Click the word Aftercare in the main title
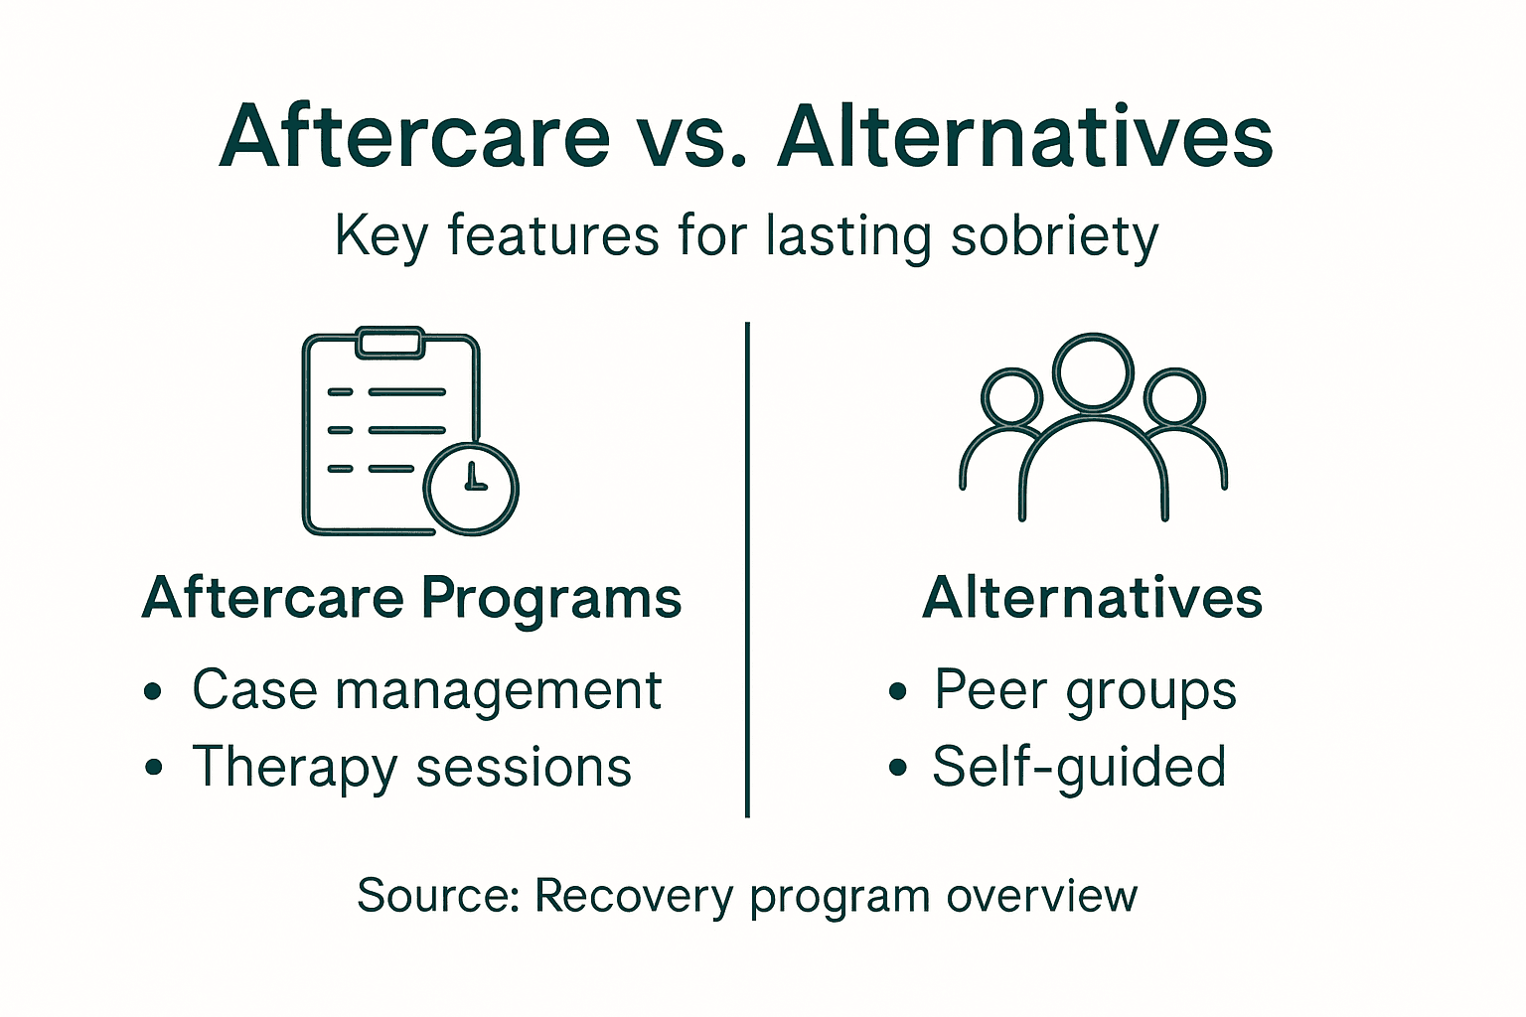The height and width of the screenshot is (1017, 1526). click(414, 136)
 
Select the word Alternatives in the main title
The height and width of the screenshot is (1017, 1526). click(1024, 136)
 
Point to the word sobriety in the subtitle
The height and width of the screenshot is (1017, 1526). click(1054, 237)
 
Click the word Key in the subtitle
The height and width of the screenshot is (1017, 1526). click(381, 237)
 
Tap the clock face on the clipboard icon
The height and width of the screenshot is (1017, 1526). click(471, 487)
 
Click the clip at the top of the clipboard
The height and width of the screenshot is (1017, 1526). click(391, 342)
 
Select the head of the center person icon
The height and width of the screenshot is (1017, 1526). click(1093, 371)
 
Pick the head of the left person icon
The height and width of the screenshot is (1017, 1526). click(1011, 397)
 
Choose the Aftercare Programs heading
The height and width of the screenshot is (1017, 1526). click(412, 598)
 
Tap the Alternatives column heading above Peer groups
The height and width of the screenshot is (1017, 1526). click(1092, 598)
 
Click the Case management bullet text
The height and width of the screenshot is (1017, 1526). click(426, 689)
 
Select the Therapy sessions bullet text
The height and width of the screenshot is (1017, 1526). click(411, 768)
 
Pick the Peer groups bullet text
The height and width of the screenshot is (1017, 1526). click(1085, 689)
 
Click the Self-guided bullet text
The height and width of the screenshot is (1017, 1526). click(1079, 768)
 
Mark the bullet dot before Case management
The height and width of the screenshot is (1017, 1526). click(153, 691)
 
